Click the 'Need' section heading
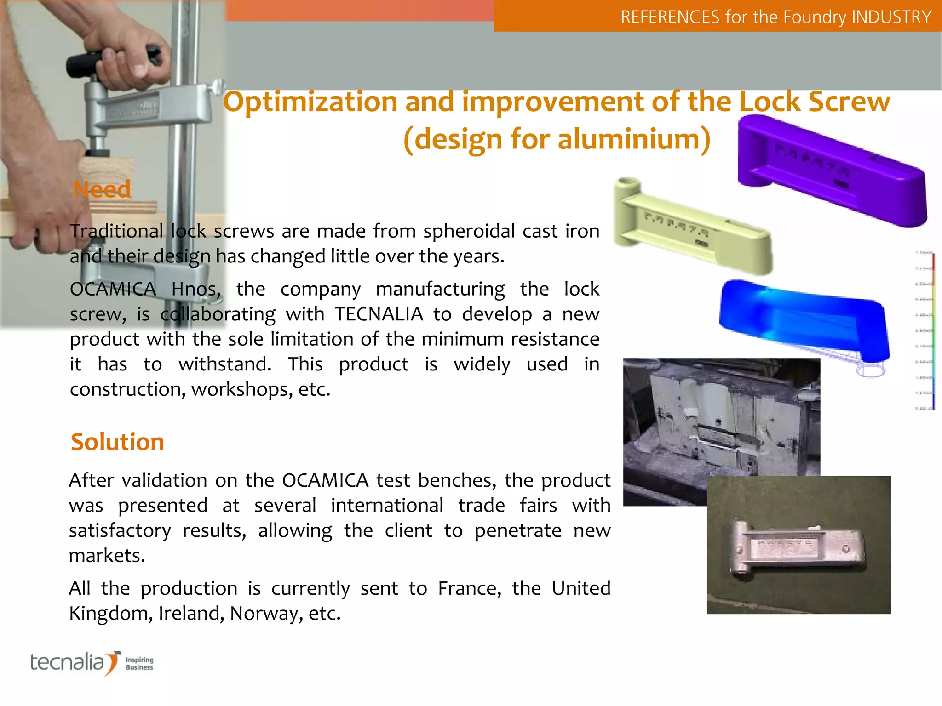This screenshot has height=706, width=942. click(x=102, y=189)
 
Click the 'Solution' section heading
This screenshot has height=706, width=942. click(x=117, y=442)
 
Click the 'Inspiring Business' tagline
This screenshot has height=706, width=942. click(x=139, y=663)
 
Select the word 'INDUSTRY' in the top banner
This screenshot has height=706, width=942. click(x=891, y=17)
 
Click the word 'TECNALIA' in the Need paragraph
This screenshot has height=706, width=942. click(x=379, y=314)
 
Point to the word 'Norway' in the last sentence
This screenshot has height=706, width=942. click(x=264, y=613)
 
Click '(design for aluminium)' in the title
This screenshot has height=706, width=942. click(x=557, y=139)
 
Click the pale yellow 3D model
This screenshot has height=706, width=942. click(x=690, y=225)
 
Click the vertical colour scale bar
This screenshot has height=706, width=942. click(x=933, y=331)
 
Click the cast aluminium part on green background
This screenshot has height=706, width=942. click(x=798, y=547)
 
